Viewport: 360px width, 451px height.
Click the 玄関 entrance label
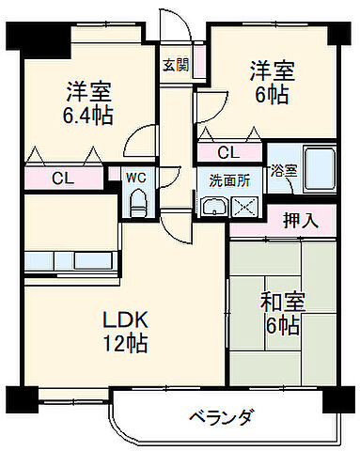(x=174, y=65)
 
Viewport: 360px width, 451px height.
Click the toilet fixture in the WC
(x=135, y=199)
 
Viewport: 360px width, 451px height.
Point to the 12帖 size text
(x=124, y=344)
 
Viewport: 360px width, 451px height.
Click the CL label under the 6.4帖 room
(x=64, y=177)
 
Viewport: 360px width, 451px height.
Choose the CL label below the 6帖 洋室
(x=228, y=152)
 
